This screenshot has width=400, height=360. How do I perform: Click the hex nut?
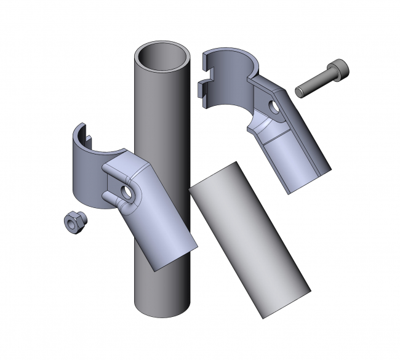(x=74, y=223)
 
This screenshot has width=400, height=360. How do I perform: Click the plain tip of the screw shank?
(x=300, y=92)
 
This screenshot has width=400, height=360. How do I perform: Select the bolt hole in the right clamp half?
(x=273, y=108)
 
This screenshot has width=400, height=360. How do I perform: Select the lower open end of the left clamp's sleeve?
(x=173, y=257)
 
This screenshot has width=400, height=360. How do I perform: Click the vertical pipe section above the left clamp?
(x=154, y=105)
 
